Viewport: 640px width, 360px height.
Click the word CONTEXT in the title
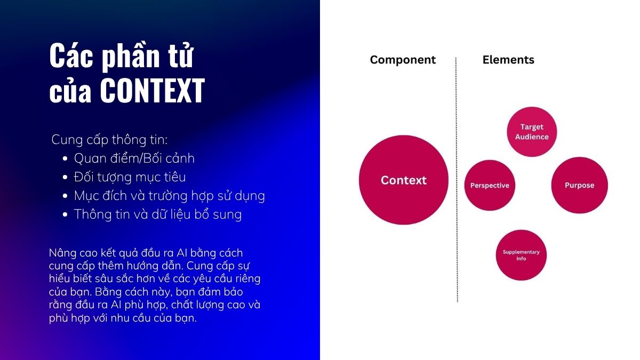[x=153, y=91]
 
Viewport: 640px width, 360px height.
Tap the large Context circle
[x=403, y=180]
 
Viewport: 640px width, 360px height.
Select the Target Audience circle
[x=532, y=132]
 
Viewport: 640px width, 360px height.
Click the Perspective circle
[x=490, y=185]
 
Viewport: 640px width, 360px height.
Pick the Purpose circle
[x=579, y=185]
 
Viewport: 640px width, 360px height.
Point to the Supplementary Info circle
[x=521, y=255]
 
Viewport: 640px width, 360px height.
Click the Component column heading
[x=403, y=60]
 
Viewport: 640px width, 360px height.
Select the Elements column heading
[x=508, y=60]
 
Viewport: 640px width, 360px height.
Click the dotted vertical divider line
[x=457, y=180]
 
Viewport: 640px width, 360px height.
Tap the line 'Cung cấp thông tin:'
[x=109, y=140]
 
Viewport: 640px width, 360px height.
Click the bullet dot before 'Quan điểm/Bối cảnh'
[x=65, y=158]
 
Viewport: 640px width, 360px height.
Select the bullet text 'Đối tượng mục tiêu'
[x=130, y=177]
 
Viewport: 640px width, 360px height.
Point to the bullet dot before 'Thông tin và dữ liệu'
[x=65, y=214]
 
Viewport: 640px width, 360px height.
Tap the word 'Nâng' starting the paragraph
[x=60, y=253]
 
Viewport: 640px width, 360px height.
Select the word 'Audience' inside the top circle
[x=532, y=137]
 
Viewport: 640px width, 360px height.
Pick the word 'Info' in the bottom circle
[x=521, y=259]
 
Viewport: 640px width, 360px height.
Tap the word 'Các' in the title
[x=71, y=55]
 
